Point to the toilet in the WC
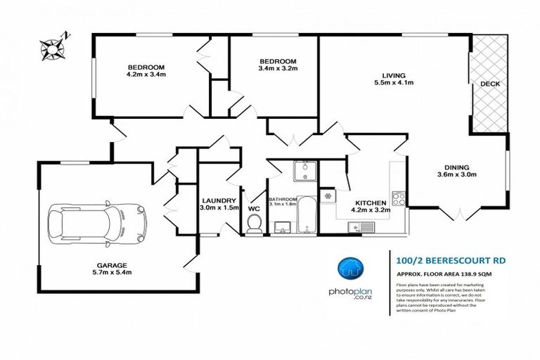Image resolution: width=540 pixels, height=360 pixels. point(255,223)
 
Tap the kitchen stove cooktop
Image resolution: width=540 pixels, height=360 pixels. point(399,198)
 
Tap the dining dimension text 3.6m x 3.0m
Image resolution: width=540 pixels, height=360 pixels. point(458,174)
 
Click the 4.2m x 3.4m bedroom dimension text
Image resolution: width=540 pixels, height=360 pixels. point(146,74)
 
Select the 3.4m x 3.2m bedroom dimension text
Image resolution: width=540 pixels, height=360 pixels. point(278,68)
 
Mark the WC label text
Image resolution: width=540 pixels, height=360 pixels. point(254,208)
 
